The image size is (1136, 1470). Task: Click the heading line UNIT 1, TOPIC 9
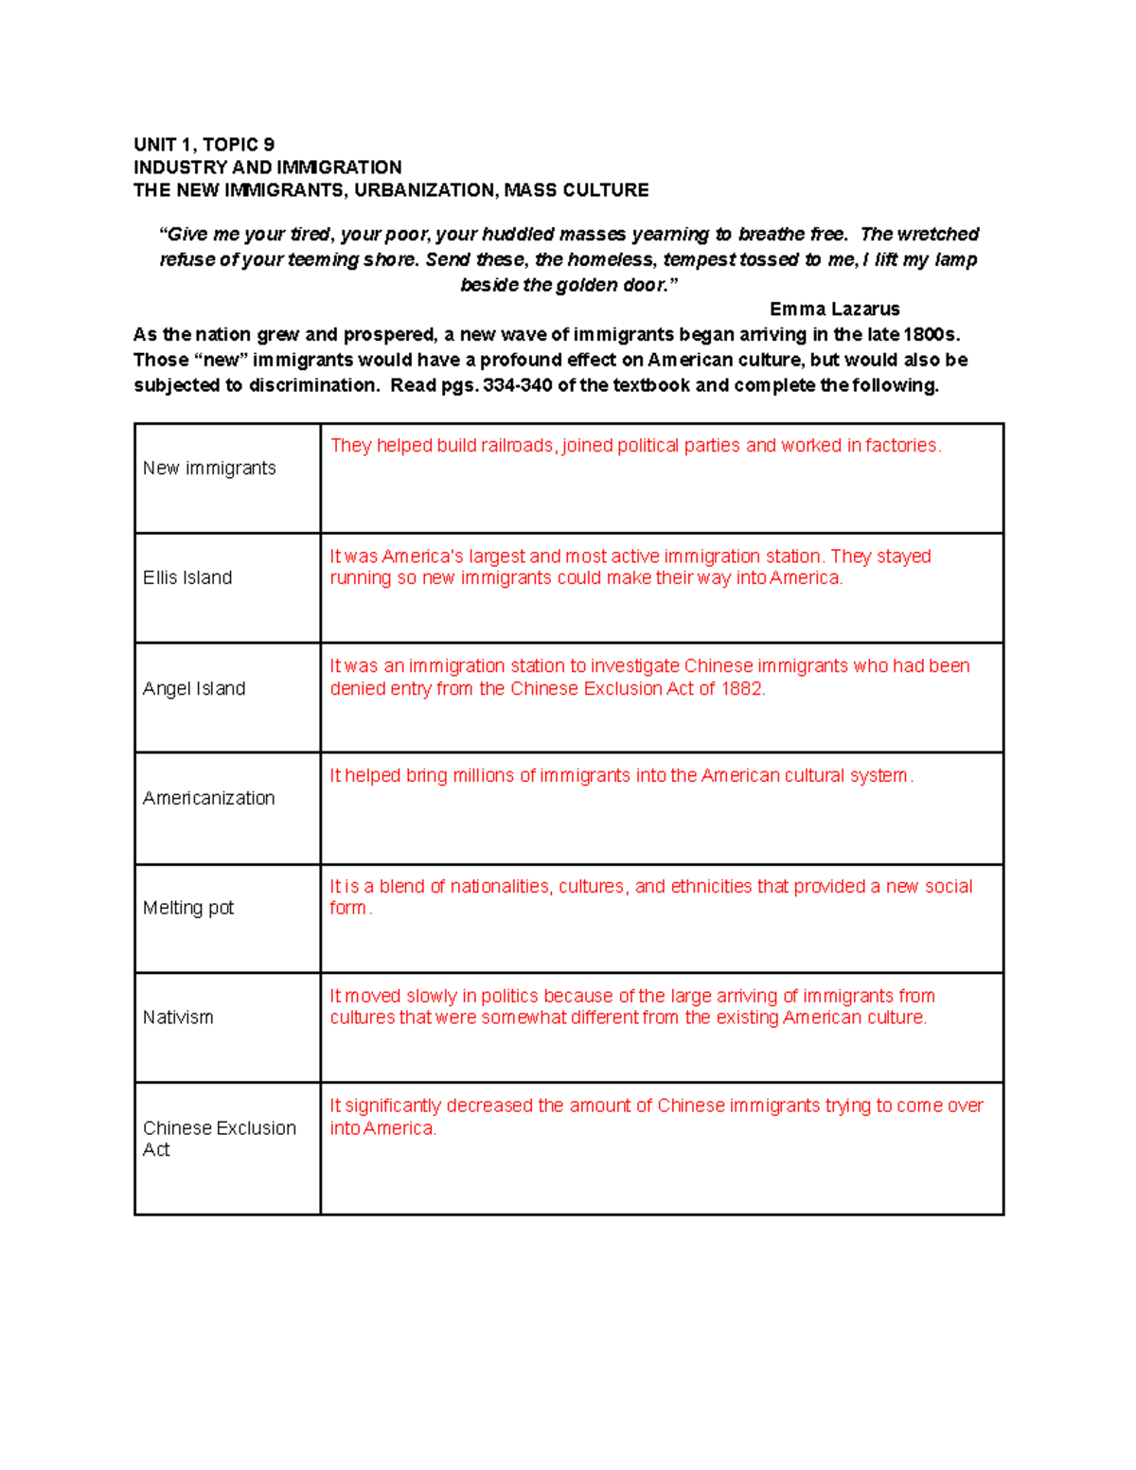point(204,145)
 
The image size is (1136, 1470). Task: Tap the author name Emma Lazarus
point(834,310)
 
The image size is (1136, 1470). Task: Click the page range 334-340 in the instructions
point(518,385)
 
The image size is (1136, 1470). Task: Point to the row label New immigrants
point(209,469)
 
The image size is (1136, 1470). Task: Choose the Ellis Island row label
point(187,578)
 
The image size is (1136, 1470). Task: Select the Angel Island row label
point(194,689)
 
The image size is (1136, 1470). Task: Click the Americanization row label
point(208,799)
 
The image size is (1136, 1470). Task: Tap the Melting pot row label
point(188,909)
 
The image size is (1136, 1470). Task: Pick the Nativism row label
point(178,1018)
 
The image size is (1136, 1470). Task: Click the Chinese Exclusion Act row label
point(219,1139)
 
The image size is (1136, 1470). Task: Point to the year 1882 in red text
point(741,689)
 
